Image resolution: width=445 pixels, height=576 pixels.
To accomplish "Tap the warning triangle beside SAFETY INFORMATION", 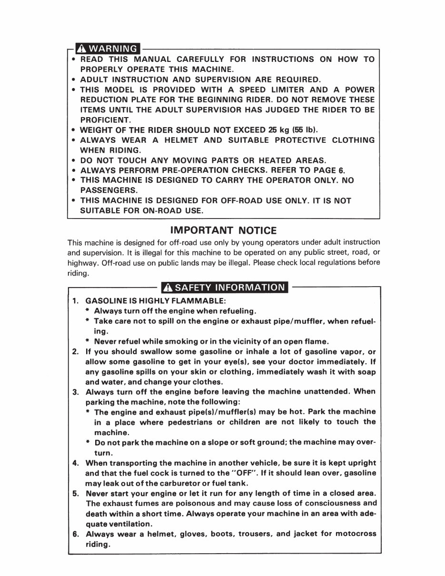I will tap(167, 287).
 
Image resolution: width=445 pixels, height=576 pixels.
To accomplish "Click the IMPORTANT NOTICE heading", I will tap(223, 230).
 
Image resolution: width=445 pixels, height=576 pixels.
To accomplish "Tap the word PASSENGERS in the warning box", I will tap(107, 190).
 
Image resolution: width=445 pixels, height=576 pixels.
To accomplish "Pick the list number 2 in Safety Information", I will tap(75, 352).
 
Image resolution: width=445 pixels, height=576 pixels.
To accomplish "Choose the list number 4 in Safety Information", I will tap(75, 463).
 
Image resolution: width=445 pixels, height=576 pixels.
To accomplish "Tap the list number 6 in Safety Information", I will tap(75, 534).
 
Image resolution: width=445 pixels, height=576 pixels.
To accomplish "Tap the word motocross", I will tap(355, 534).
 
